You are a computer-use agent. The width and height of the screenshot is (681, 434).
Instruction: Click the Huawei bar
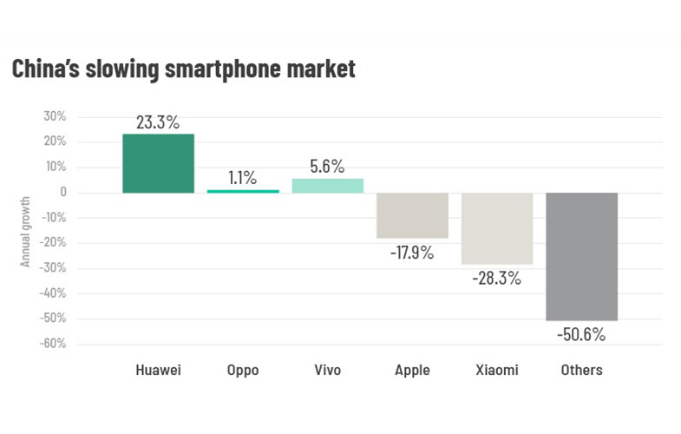pos(157,163)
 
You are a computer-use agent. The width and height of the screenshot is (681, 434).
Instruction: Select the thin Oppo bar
pos(242,191)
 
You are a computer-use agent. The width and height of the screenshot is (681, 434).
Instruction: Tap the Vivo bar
pos(327,185)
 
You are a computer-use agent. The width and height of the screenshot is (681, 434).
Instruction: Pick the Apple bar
pos(412,214)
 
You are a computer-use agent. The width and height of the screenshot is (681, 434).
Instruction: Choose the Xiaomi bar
pos(497,227)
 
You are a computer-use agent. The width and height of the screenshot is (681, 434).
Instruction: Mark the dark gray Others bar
pos(581,256)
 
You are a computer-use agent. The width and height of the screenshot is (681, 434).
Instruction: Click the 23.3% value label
pos(157,122)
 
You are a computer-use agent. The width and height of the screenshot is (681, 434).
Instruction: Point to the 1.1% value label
pos(242,178)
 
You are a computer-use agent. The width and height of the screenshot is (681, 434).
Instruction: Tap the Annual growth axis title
pos(26,231)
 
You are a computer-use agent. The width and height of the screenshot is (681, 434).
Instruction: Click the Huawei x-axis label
pos(157,371)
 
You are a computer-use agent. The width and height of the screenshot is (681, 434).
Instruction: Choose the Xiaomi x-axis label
pos(497,371)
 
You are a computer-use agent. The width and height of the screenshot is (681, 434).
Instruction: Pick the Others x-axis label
pos(581,371)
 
